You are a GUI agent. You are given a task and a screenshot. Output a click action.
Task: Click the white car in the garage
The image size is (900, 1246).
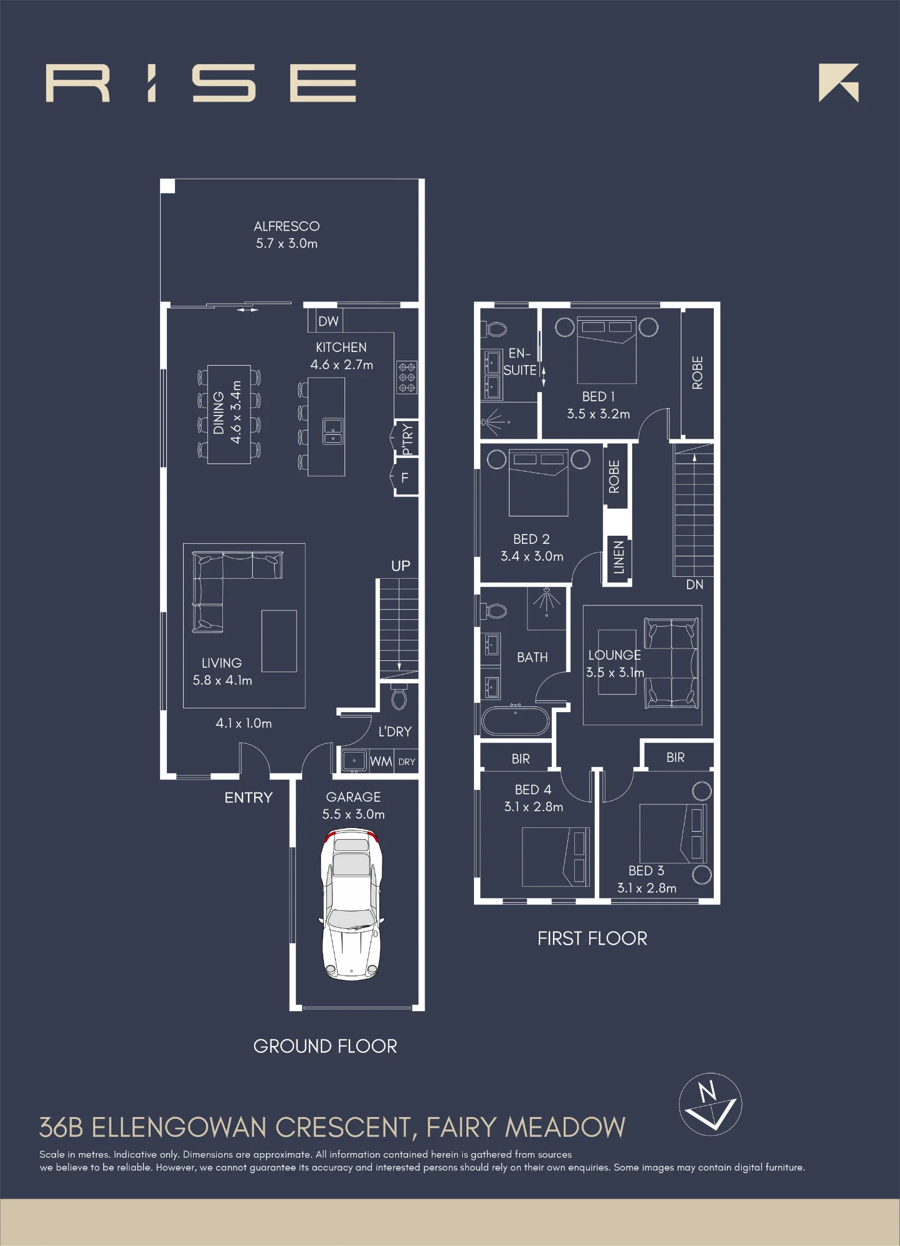(x=351, y=903)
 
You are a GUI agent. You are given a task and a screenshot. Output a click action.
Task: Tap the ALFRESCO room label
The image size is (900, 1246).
(x=287, y=226)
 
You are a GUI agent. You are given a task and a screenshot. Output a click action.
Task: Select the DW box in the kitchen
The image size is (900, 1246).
(x=328, y=321)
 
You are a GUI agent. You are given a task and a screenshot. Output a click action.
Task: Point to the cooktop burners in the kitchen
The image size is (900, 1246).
(x=407, y=378)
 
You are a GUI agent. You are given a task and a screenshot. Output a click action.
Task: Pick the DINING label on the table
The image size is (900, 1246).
(x=219, y=413)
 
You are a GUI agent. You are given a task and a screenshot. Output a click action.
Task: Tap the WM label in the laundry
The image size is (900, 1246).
(x=381, y=761)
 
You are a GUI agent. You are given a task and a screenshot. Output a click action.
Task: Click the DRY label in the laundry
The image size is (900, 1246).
(x=407, y=762)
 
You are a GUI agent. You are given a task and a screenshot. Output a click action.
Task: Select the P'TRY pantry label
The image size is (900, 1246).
(x=407, y=440)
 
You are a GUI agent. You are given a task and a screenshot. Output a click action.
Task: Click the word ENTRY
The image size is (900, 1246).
(x=249, y=797)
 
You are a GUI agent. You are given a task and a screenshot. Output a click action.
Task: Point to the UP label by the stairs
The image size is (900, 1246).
(x=400, y=566)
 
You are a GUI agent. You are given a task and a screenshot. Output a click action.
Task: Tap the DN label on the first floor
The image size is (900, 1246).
(x=694, y=584)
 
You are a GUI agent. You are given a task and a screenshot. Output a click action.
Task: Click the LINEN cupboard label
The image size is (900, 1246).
(x=618, y=557)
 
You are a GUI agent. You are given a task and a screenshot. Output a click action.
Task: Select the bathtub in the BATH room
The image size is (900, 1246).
(x=515, y=721)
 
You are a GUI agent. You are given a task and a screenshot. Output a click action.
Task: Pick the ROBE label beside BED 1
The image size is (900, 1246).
(x=698, y=373)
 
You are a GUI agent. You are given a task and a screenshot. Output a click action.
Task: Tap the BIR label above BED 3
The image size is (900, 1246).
(x=675, y=758)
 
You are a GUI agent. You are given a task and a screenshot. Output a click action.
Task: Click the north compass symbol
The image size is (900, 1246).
(x=710, y=1105)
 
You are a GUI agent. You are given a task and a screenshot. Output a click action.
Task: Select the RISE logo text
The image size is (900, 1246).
(x=201, y=83)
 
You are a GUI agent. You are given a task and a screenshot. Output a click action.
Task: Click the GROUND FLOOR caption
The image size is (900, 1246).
(x=325, y=1046)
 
